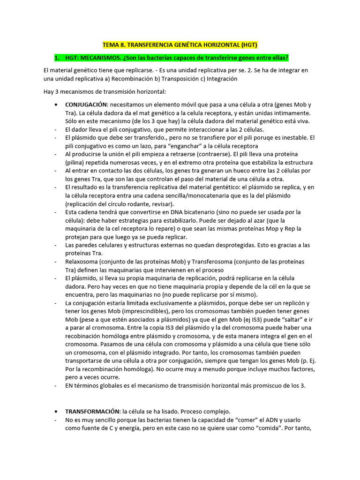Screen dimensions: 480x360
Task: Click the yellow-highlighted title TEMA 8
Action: coord(180,45)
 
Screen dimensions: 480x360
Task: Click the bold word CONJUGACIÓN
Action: coord(87,104)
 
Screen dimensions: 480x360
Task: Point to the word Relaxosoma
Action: coord(82,262)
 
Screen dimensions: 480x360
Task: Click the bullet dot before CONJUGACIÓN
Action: coord(57,104)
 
